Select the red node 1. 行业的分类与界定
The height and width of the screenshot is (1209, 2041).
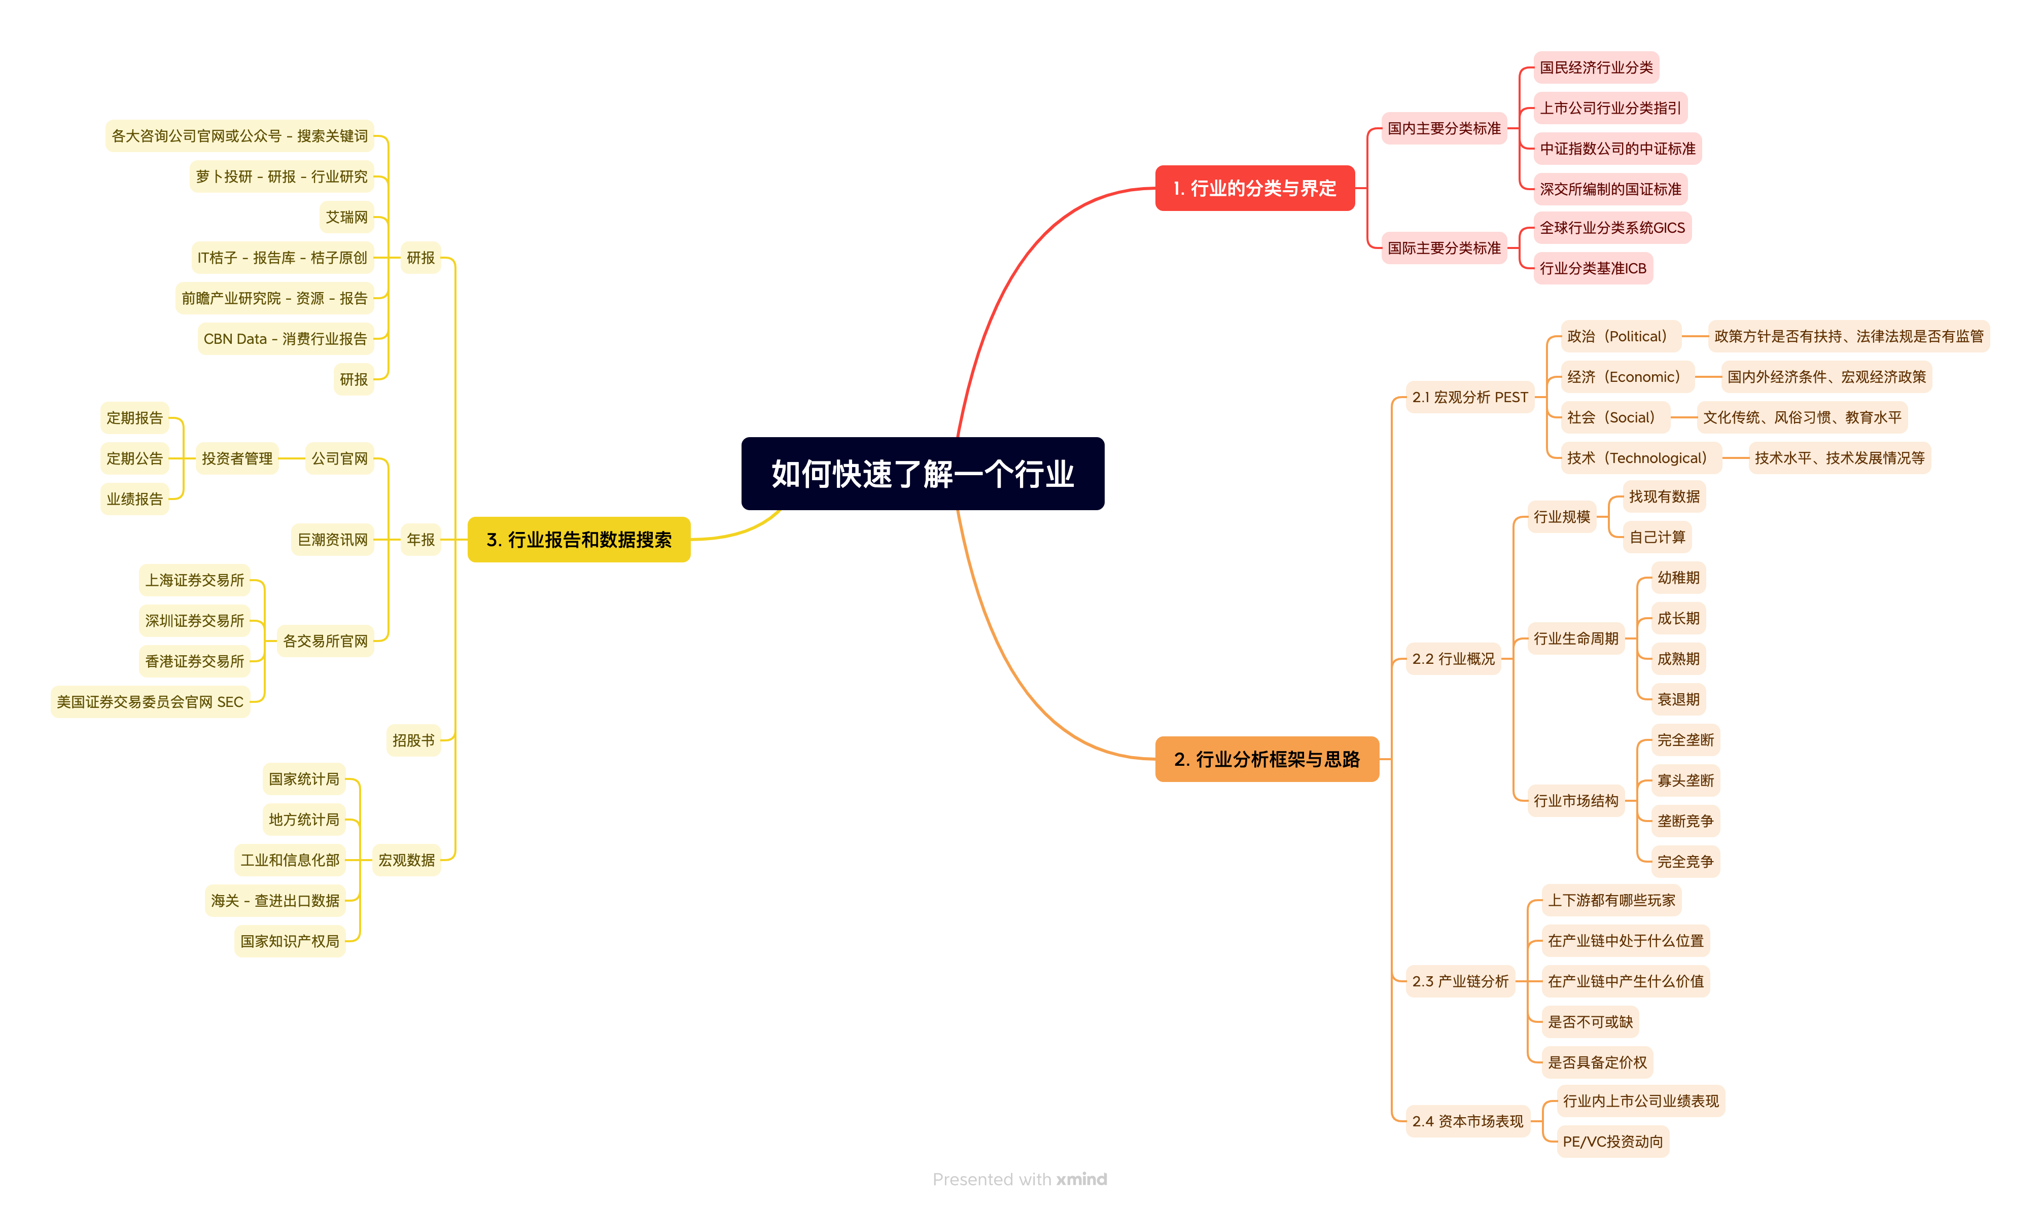tap(1255, 188)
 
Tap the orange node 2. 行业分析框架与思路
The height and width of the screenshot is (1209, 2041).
tap(1267, 759)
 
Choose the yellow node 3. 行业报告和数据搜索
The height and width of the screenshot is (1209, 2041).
tap(579, 539)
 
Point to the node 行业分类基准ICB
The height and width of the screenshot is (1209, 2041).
tap(1593, 268)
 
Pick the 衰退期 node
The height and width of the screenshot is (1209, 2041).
tap(1678, 699)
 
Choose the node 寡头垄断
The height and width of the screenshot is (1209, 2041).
tap(1685, 780)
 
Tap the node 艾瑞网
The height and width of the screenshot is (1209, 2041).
tap(346, 217)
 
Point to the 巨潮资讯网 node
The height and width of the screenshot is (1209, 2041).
tap(332, 539)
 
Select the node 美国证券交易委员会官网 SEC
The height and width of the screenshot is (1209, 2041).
tap(150, 701)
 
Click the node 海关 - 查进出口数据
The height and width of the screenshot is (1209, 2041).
tap(275, 900)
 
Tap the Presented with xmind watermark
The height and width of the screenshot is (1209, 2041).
tap(1020, 1179)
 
